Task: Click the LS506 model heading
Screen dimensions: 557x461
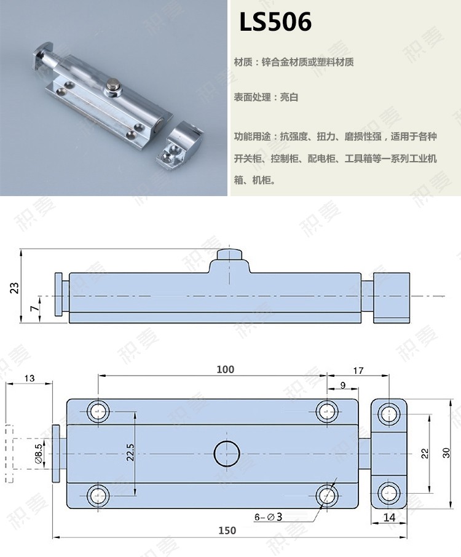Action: pyautogui.click(x=276, y=22)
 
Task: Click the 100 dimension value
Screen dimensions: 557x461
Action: pyautogui.click(x=225, y=369)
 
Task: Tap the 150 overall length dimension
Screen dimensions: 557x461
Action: pyautogui.click(x=227, y=531)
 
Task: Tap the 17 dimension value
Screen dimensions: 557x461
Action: pyautogui.click(x=359, y=370)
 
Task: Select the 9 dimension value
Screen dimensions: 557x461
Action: pyautogui.click(x=342, y=385)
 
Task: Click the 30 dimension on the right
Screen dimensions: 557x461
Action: pyautogui.click(x=447, y=452)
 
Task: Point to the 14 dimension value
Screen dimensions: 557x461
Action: pyautogui.click(x=389, y=518)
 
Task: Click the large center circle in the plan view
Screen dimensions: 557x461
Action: pyautogui.click(x=226, y=453)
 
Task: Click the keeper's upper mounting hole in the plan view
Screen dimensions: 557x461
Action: pyautogui.click(x=388, y=413)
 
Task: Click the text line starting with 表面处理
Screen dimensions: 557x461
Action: pyautogui.click(x=266, y=98)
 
